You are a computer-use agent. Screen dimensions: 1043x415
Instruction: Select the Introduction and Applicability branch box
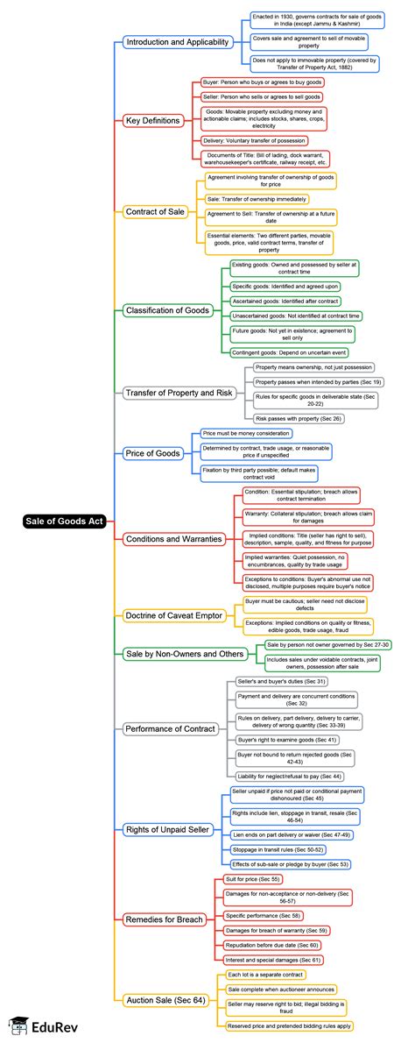tap(176, 42)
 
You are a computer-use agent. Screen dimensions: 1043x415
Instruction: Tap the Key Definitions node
tap(153, 120)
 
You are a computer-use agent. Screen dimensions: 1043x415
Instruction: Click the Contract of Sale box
tap(155, 211)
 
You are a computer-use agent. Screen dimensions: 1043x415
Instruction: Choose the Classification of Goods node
tap(167, 309)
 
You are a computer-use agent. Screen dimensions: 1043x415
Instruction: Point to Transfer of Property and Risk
tap(179, 393)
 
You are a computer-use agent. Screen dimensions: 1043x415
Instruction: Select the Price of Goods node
tap(153, 453)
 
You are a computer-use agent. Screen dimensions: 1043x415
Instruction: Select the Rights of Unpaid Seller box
tap(167, 828)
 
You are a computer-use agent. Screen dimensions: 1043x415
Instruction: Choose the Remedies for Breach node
tap(165, 919)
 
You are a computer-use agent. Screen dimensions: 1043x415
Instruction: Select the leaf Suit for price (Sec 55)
tap(253, 878)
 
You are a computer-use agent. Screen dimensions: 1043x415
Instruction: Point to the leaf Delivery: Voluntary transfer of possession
tap(255, 140)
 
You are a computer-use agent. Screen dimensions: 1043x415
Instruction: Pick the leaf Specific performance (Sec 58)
tap(261, 914)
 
